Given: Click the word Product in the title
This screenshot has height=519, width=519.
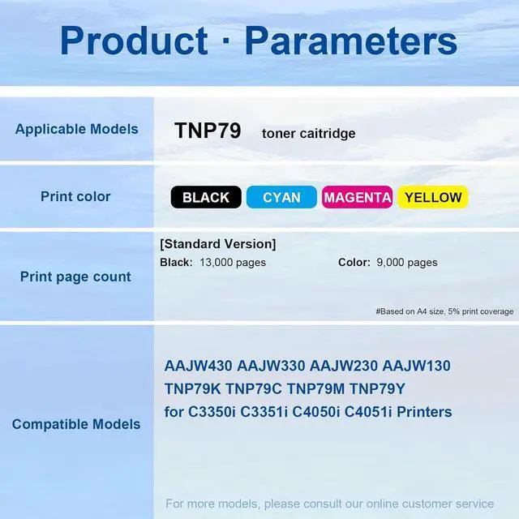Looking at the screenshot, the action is [x=134, y=41].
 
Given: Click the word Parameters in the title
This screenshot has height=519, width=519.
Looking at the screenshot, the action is [x=351, y=41].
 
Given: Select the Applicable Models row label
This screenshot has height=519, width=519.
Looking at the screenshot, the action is [x=76, y=130].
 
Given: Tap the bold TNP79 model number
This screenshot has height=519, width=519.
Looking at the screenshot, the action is [x=208, y=131].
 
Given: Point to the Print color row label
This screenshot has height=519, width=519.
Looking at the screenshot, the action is [x=75, y=196].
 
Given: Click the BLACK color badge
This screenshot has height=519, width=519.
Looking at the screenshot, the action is [x=206, y=197].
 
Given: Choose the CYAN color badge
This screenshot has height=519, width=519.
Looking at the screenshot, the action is [x=281, y=197].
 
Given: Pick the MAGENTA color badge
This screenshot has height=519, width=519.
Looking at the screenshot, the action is [x=357, y=197].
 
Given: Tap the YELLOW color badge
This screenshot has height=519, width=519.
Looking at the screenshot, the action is [x=433, y=197].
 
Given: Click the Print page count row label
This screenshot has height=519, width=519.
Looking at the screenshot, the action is [x=75, y=277].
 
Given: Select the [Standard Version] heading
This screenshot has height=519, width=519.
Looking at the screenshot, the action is [x=218, y=244].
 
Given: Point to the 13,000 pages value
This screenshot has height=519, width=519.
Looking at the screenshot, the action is [x=233, y=263].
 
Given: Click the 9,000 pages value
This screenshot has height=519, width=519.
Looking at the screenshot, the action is [x=407, y=263].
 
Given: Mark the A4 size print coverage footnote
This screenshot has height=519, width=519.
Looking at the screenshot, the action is [x=444, y=311].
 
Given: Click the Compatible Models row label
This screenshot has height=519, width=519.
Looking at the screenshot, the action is [x=76, y=424].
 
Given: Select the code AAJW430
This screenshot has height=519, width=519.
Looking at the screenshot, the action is [x=198, y=366].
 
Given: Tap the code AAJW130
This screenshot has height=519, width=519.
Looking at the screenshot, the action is [x=416, y=366].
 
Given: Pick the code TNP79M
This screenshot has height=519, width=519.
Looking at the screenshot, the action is [x=315, y=389].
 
